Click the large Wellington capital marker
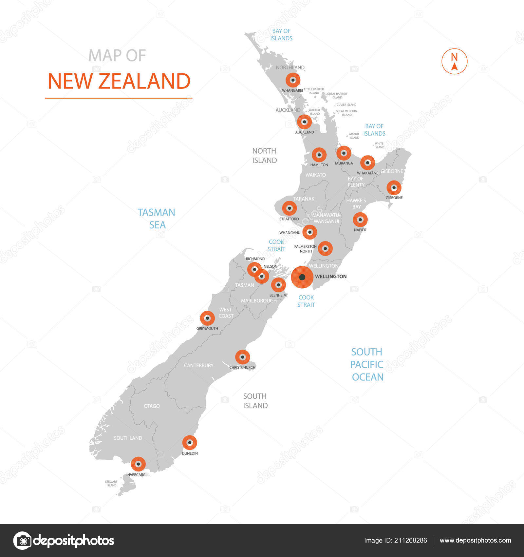(x=302, y=277)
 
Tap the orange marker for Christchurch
(x=242, y=357)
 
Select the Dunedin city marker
(x=190, y=443)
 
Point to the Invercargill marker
(x=138, y=464)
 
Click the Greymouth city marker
(x=207, y=318)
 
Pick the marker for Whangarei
(x=293, y=80)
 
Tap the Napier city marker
(x=360, y=220)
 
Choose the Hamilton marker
(x=319, y=155)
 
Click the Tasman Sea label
(x=157, y=219)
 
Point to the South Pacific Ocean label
(x=367, y=364)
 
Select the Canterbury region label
(x=198, y=365)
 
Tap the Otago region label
(x=152, y=406)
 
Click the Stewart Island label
(x=111, y=483)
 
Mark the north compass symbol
(x=454, y=61)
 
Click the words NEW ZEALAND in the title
(x=119, y=81)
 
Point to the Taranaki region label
(x=305, y=199)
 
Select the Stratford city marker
(x=289, y=208)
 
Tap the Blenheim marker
(x=278, y=285)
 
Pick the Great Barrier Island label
(x=337, y=95)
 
